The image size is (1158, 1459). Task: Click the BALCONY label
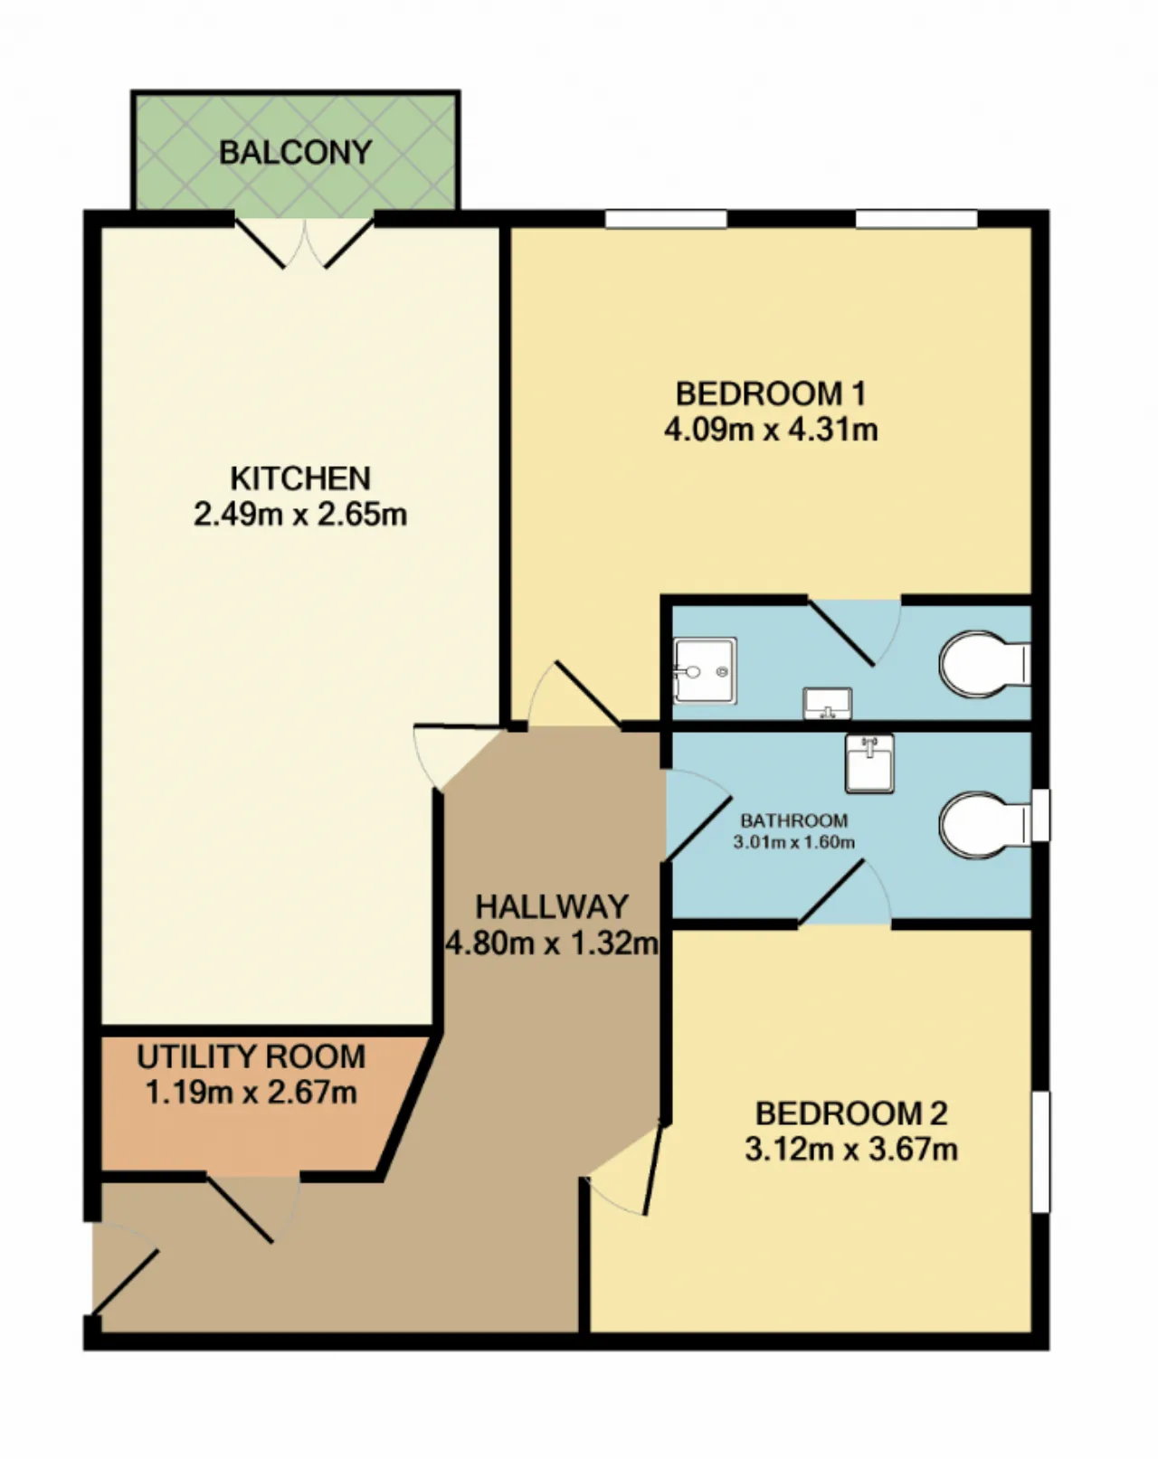click(296, 152)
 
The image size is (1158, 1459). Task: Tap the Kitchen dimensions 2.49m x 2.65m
click(300, 515)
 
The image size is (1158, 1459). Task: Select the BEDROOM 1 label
click(771, 393)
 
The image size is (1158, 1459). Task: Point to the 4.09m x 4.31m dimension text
click(771, 430)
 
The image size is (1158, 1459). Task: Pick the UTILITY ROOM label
click(252, 1057)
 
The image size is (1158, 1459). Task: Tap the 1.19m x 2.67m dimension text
click(252, 1093)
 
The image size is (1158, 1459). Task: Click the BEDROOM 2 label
click(851, 1113)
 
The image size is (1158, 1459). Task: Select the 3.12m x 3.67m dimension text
click(851, 1150)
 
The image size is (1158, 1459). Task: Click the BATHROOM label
click(794, 821)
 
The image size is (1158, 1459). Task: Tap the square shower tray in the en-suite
click(705, 670)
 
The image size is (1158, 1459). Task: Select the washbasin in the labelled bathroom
click(869, 763)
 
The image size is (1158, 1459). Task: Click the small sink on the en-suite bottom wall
click(827, 704)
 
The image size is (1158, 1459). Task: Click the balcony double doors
click(305, 242)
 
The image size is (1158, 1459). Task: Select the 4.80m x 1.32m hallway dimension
click(552, 943)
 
